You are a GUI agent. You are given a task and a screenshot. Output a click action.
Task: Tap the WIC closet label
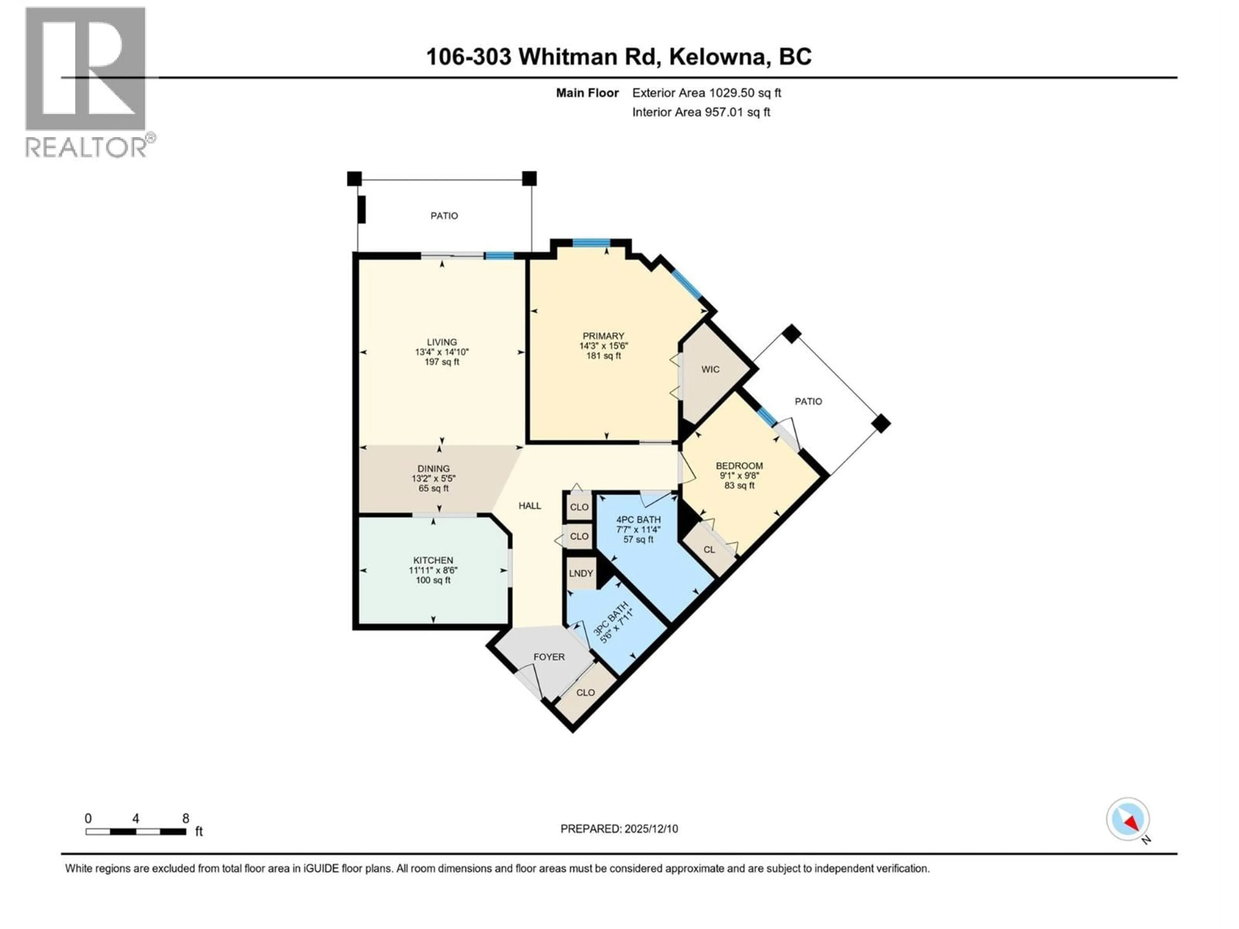[x=710, y=370]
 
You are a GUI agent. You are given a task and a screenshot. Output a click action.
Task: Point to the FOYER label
[x=549, y=657]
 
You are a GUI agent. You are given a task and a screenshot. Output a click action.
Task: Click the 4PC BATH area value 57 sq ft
[x=639, y=539]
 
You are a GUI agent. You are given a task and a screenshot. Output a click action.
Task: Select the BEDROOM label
[x=740, y=466]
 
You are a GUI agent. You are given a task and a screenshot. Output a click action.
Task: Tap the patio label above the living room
[x=444, y=215]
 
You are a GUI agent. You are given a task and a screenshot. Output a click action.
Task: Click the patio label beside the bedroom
[x=808, y=402]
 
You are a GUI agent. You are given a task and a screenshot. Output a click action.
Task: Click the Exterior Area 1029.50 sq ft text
[x=706, y=93]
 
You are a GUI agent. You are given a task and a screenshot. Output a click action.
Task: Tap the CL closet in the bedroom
[x=709, y=550]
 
